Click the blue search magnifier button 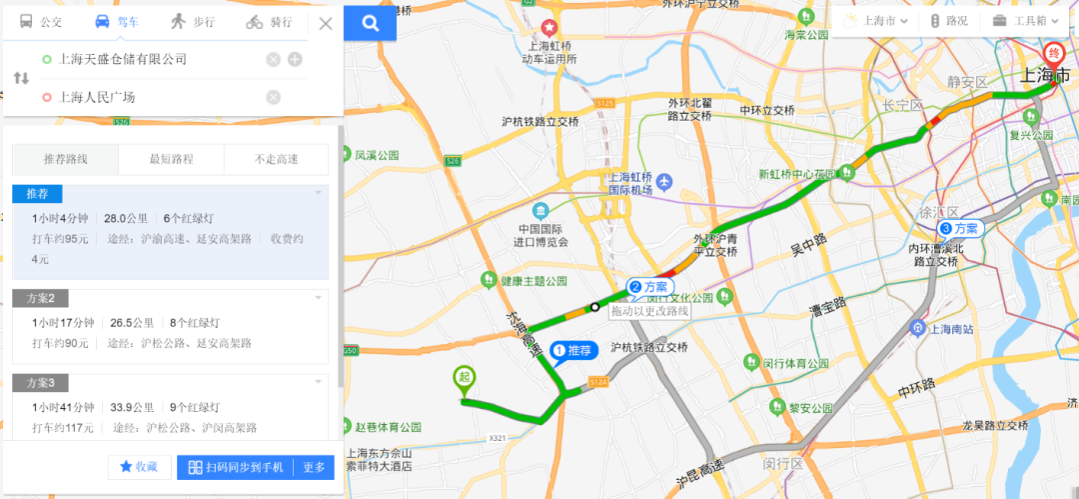click(x=370, y=23)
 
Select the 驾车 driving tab click(x=118, y=22)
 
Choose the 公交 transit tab click(x=41, y=22)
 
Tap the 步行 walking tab click(x=193, y=22)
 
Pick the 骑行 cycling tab click(x=269, y=22)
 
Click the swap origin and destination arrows click(x=21, y=78)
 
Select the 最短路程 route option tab click(x=171, y=159)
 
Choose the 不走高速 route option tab click(x=277, y=159)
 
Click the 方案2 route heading click(x=48, y=298)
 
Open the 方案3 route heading click(x=48, y=383)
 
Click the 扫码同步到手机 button click(x=236, y=467)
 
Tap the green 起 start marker click(x=464, y=378)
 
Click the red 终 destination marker click(x=1052, y=54)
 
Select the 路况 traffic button click(x=949, y=20)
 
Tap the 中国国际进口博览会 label click(x=540, y=234)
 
